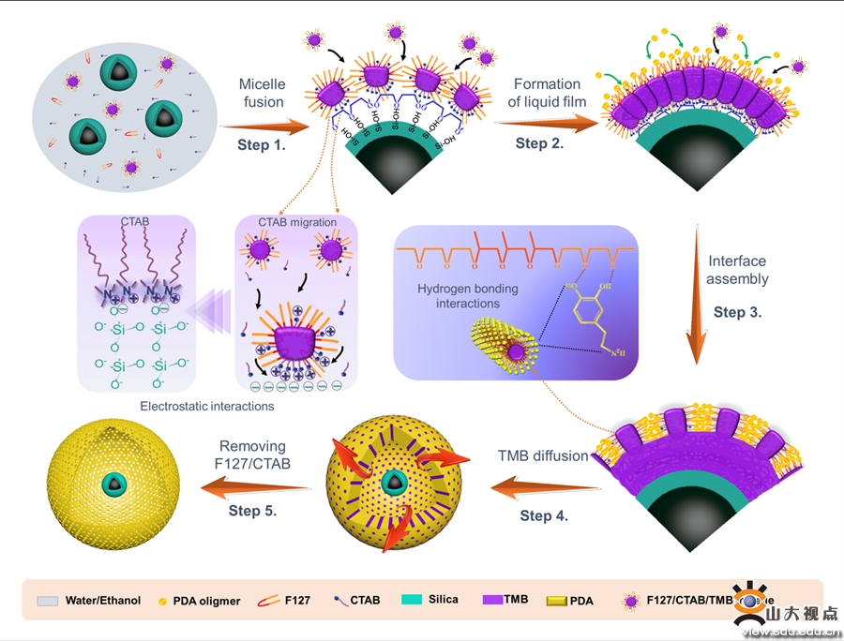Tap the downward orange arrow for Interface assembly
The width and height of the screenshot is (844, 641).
click(695, 301)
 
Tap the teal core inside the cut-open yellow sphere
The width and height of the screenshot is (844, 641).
click(393, 484)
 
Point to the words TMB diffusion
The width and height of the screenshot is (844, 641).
click(543, 455)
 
